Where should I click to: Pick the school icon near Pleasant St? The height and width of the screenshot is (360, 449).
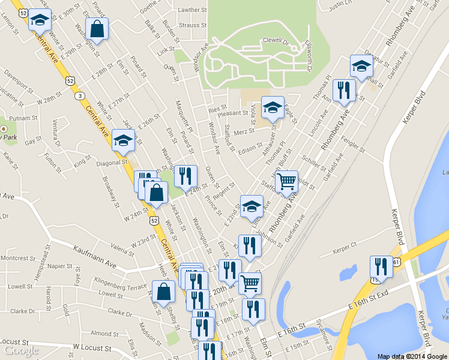[273, 108]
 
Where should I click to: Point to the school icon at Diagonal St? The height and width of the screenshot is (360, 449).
[123, 141]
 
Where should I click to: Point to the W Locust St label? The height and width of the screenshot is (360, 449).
[92, 347]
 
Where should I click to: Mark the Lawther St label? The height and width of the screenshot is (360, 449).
[192, 10]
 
